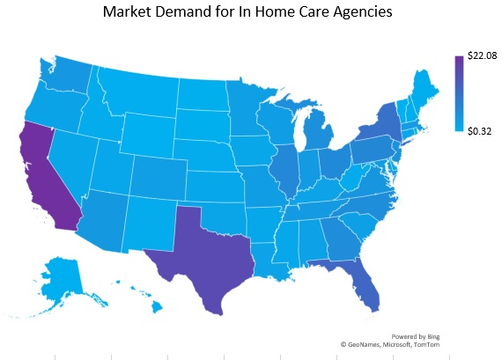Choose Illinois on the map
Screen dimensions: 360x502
[x=282, y=167]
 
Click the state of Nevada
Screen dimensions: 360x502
[x=70, y=158]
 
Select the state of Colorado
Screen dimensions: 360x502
[x=159, y=176]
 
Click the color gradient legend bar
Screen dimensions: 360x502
[x=458, y=93]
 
